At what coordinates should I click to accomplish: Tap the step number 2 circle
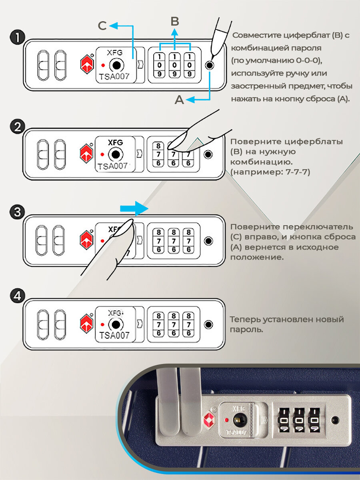click(x=17, y=127)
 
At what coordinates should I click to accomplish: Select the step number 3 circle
click(x=17, y=212)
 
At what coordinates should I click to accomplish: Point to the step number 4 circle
click(x=17, y=297)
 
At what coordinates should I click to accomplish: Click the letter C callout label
click(x=102, y=26)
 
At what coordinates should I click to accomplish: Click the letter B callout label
click(x=175, y=21)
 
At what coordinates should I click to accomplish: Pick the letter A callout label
click(x=180, y=100)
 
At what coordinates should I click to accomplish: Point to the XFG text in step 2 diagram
click(x=115, y=142)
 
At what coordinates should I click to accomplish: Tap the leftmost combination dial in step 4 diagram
click(x=159, y=324)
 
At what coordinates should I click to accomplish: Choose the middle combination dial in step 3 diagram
click(x=173, y=241)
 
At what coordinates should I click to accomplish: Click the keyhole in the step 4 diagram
click(x=116, y=324)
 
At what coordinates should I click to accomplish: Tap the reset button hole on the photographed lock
click(x=335, y=420)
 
